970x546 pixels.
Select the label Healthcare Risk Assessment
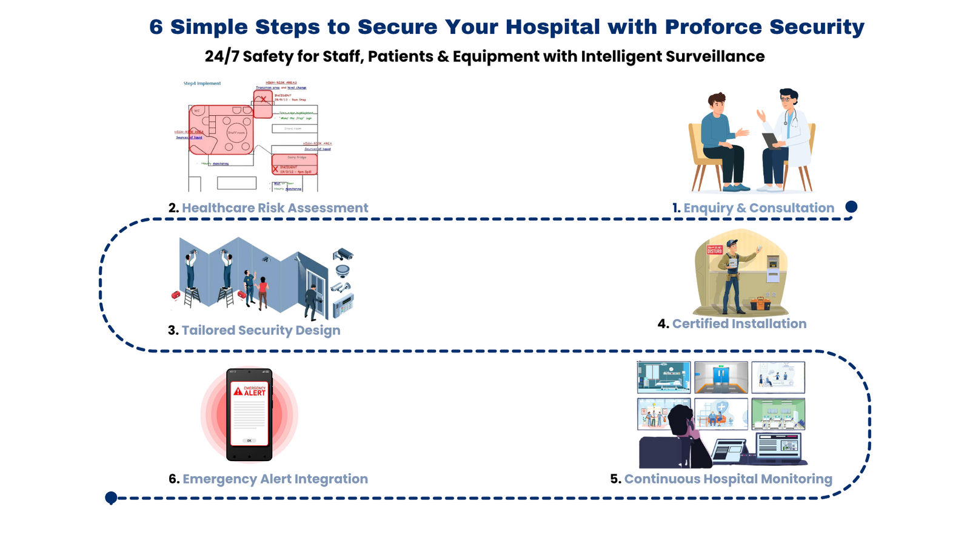tap(275, 208)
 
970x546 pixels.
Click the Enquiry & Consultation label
tap(758, 208)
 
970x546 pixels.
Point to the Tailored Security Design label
tap(261, 331)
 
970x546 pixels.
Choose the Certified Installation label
tap(739, 324)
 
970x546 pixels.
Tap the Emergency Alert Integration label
tap(275, 479)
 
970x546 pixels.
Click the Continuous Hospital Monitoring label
tap(728, 479)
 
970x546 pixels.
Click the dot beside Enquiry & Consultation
tap(851, 207)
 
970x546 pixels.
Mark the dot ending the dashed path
tap(111, 498)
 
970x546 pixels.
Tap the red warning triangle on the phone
tap(238, 391)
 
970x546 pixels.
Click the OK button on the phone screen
tap(249, 440)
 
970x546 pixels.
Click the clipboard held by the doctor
tap(771, 140)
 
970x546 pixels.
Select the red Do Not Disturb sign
tap(714, 249)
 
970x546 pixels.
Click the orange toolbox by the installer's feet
tap(760, 303)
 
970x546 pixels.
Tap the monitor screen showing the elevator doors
tap(721, 377)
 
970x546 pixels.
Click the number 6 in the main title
tap(156, 27)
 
